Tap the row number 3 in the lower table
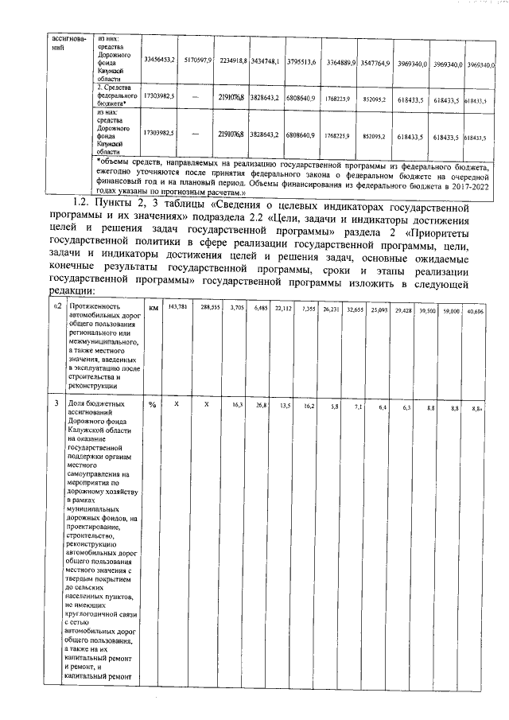pos(55,405)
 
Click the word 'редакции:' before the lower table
pos(70,291)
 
